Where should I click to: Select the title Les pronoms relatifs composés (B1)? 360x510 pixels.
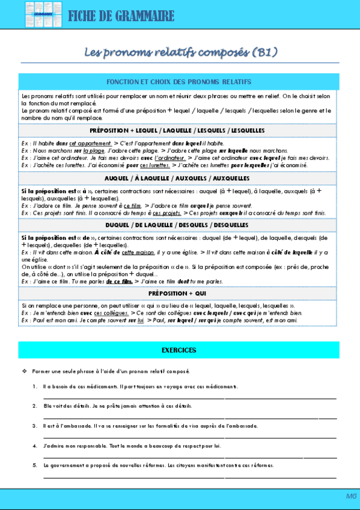[180, 53]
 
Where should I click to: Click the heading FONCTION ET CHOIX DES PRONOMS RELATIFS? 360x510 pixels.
[179, 82]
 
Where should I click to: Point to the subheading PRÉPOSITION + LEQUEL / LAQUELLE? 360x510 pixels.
[177, 131]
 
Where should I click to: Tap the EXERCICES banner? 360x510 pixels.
[179, 350]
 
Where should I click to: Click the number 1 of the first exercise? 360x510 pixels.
[35, 386]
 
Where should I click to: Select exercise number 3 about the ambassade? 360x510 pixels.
[35, 426]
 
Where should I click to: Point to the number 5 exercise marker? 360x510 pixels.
[35, 465]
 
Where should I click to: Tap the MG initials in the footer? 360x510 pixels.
[351, 496]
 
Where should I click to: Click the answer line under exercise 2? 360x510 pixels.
[190, 417]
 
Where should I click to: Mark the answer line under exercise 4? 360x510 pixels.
[190, 457]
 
